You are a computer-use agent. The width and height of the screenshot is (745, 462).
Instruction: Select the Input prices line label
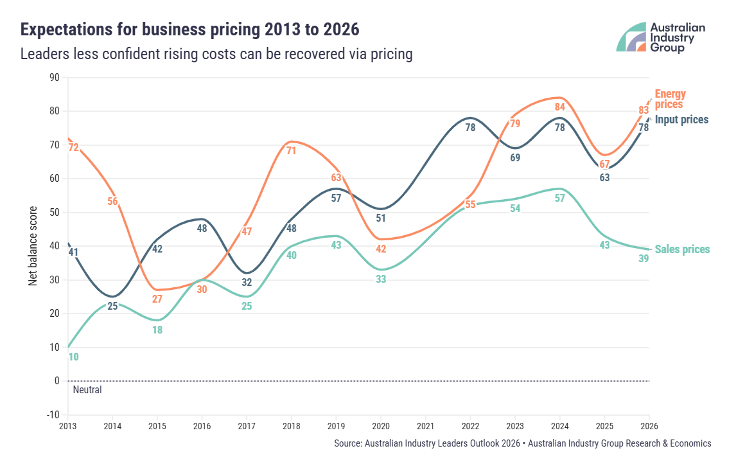[681, 120]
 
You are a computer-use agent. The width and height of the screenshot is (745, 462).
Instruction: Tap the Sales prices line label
[682, 249]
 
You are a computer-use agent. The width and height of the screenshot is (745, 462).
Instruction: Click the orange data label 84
[559, 107]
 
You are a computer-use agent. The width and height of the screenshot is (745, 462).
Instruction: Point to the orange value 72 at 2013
[73, 147]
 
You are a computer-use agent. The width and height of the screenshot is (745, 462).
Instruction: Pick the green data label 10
[73, 357]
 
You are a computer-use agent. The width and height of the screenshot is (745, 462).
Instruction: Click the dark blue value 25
[112, 306]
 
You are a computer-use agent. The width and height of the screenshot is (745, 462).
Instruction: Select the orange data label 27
[157, 299]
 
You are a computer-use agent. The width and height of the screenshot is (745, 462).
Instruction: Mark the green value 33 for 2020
[381, 279]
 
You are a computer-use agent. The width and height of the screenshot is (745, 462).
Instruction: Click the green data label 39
[644, 258]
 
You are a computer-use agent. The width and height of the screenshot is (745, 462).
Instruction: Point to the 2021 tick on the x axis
[425, 425]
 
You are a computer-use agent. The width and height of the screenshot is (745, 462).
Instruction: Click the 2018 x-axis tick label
[292, 425]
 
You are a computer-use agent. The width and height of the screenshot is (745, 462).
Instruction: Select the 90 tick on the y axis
[54, 78]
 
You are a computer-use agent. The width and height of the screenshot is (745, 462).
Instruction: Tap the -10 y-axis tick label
[53, 414]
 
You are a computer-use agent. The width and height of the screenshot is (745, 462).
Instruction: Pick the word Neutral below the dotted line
[87, 389]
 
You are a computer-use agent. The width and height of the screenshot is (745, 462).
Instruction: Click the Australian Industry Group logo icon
[631, 37]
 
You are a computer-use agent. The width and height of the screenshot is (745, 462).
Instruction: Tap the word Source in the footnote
[347, 443]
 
